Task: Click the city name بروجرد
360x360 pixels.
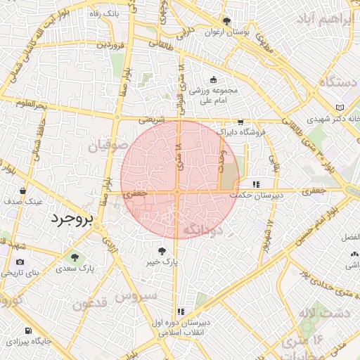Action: click(x=72, y=219)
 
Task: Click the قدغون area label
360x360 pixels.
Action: click(x=89, y=304)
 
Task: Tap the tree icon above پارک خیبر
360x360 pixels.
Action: click(x=162, y=250)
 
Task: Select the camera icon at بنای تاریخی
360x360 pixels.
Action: click(x=19, y=262)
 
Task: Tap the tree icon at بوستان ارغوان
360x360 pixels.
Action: click(x=226, y=22)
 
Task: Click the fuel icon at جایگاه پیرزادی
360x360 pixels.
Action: click(x=27, y=330)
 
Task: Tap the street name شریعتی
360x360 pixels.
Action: click(x=153, y=120)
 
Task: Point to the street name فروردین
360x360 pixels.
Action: click(x=110, y=44)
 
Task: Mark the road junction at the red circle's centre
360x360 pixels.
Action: click(x=178, y=191)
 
